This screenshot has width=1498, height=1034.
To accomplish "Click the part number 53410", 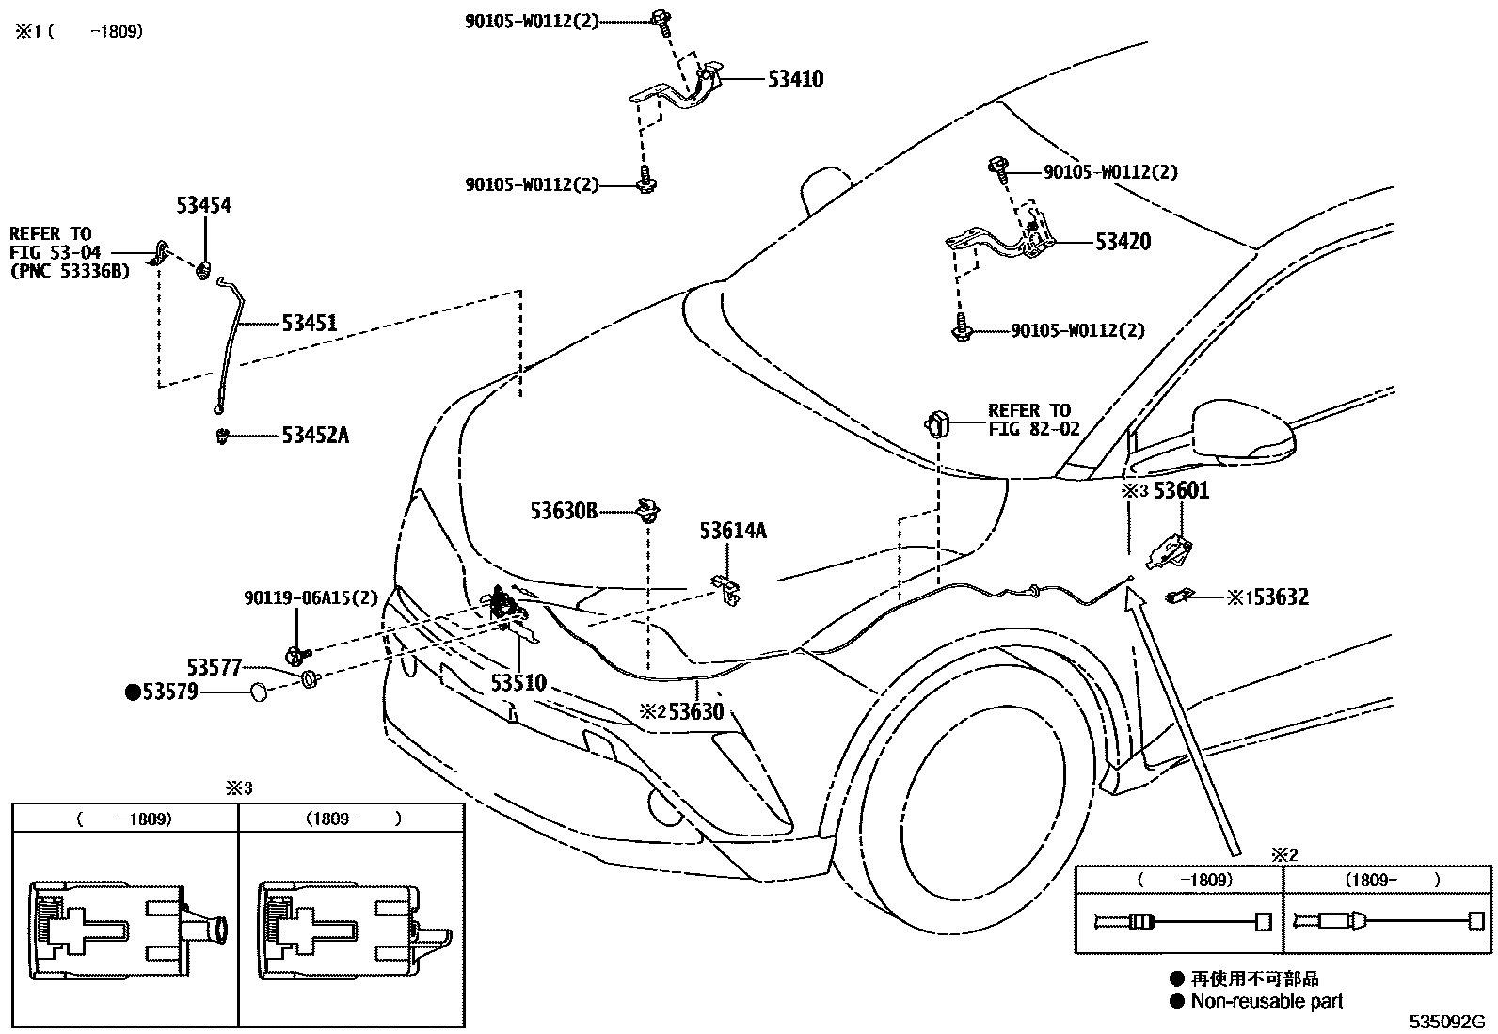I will (795, 80).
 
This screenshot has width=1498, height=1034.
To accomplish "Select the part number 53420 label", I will (1123, 242).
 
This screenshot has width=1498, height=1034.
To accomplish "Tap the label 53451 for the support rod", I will (309, 324).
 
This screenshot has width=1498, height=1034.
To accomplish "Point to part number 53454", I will (203, 206).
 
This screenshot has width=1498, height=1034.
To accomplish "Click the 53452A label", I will (315, 436).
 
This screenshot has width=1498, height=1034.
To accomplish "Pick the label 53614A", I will (732, 532).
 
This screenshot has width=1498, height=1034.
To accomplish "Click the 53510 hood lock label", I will (518, 683).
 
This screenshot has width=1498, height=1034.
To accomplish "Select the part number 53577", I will (215, 667).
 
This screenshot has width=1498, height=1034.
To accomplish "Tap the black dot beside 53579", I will (133, 692).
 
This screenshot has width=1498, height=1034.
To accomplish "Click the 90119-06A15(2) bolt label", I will (311, 597).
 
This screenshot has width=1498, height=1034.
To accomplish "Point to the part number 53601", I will (1181, 490).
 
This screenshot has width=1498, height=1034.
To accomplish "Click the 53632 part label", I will (1281, 597).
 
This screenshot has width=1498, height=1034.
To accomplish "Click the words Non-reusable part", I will (1267, 1001).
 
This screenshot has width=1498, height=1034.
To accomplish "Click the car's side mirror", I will (1242, 433).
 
